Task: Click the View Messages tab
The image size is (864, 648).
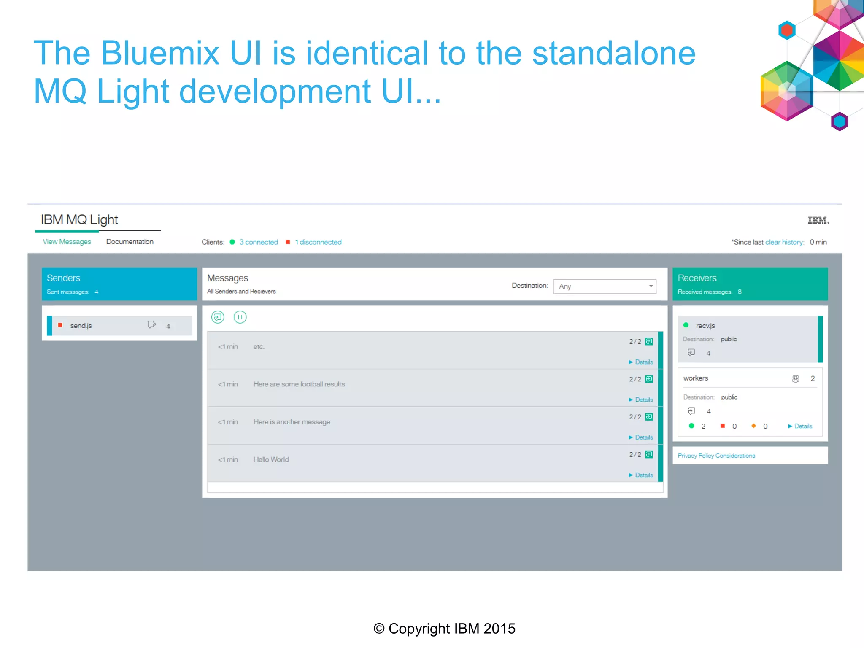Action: [x=67, y=242]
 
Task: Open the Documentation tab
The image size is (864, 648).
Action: [x=130, y=242]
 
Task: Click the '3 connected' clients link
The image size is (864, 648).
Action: [x=259, y=242]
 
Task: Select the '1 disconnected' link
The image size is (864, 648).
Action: [x=318, y=242]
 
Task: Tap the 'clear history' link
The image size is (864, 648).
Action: [x=784, y=242]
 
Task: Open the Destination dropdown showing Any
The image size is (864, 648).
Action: [x=605, y=286]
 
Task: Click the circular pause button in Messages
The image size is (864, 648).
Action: [x=240, y=317]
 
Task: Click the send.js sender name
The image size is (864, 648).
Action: [x=81, y=326]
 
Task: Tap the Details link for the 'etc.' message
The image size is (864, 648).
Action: [x=643, y=362]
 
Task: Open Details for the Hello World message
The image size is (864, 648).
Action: [x=643, y=475]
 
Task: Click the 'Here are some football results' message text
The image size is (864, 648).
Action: [x=299, y=384]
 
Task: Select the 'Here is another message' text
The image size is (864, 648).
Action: [x=292, y=422]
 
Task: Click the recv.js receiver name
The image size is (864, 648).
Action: [x=705, y=326]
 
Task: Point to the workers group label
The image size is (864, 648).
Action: [x=696, y=378]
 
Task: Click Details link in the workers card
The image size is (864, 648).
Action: [x=802, y=426]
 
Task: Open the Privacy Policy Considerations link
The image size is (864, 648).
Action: [x=716, y=456]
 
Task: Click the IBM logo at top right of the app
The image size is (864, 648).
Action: [x=818, y=220]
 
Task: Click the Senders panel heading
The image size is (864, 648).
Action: [x=63, y=278]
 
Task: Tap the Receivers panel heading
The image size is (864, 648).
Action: [x=697, y=278]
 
